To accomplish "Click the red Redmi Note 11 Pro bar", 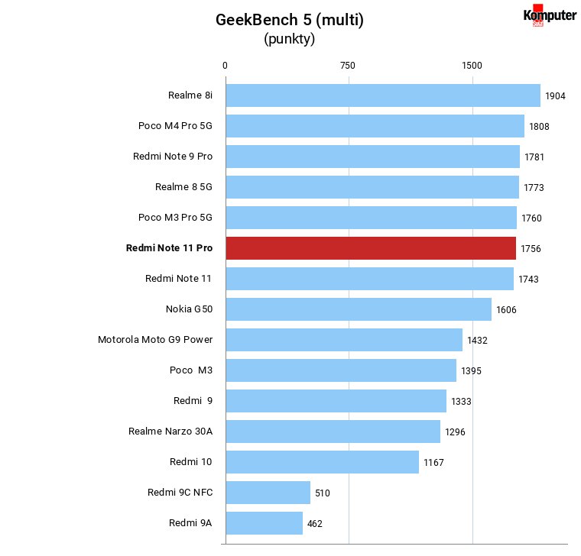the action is tap(371, 248).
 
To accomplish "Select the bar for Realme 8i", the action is tap(383, 95).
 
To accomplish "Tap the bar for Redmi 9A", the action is tap(265, 523).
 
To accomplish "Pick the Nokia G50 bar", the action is tap(359, 309).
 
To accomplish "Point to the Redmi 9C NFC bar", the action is tap(268, 493).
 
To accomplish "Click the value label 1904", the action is tap(555, 96).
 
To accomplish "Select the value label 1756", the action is tap(531, 249).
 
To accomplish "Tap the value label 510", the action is tap(323, 493).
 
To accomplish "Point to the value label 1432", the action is tap(477, 340).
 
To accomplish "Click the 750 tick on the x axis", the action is tap(348, 66).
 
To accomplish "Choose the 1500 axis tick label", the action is tap(472, 66).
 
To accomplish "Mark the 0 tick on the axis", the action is tap(225, 66).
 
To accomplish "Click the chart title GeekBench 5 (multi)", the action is tap(290, 20).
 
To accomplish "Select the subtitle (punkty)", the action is tap(290, 39).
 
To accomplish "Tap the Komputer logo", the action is tap(550, 15).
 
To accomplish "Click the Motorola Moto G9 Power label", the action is tap(155, 339).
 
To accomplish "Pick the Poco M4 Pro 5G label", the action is tap(175, 126).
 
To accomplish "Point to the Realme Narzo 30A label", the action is tap(170, 432).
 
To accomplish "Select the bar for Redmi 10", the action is tap(323, 462).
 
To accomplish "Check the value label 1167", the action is tap(433, 462).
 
